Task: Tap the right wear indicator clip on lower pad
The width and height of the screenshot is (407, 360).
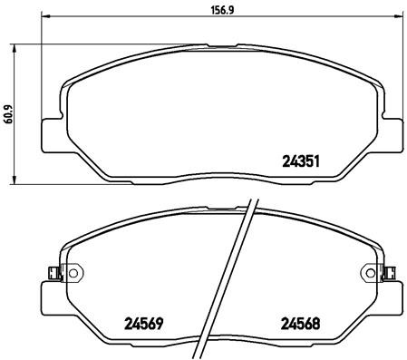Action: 391,271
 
